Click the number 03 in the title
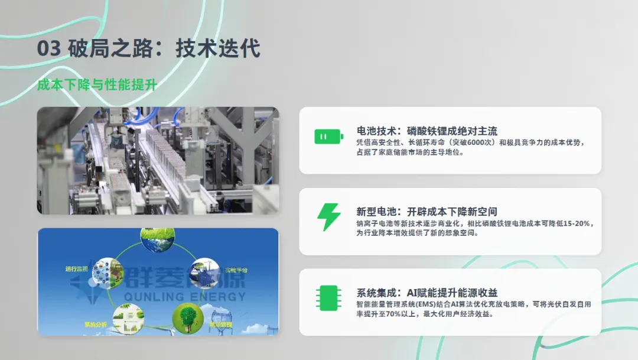[x=48, y=48]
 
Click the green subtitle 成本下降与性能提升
[x=97, y=85]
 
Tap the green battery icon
[x=328, y=137]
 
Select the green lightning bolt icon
[x=328, y=217]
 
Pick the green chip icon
[x=328, y=299]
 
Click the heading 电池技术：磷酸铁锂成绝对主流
[x=427, y=131]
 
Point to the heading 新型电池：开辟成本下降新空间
[x=427, y=211]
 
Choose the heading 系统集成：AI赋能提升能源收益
[x=427, y=292]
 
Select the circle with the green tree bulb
[x=188, y=318]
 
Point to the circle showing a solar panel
[x=204, y=272]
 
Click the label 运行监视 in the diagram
[x=76, y=269]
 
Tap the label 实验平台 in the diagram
[x=236, y=270]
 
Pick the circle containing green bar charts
[x=128, y=318]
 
